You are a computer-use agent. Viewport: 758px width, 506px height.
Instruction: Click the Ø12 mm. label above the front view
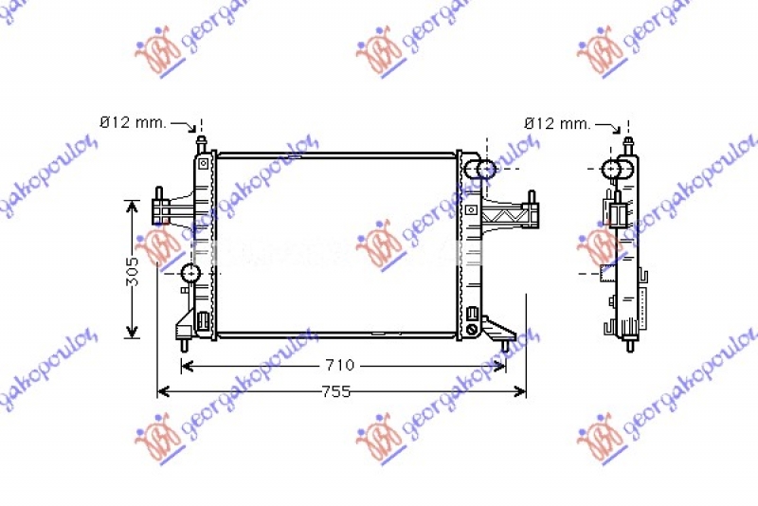click(x=134, y=122)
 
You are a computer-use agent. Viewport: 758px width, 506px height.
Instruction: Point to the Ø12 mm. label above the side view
click(x=557, y=123)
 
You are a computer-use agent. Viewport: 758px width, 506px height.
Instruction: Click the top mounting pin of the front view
click(x=201, y=145)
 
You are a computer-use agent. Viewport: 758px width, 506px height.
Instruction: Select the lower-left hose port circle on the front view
click(x=190, y=275)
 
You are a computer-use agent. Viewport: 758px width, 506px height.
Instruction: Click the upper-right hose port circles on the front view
click(x=484, y=170)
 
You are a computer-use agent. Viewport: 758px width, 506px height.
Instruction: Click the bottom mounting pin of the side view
click(x=629, y=343)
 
